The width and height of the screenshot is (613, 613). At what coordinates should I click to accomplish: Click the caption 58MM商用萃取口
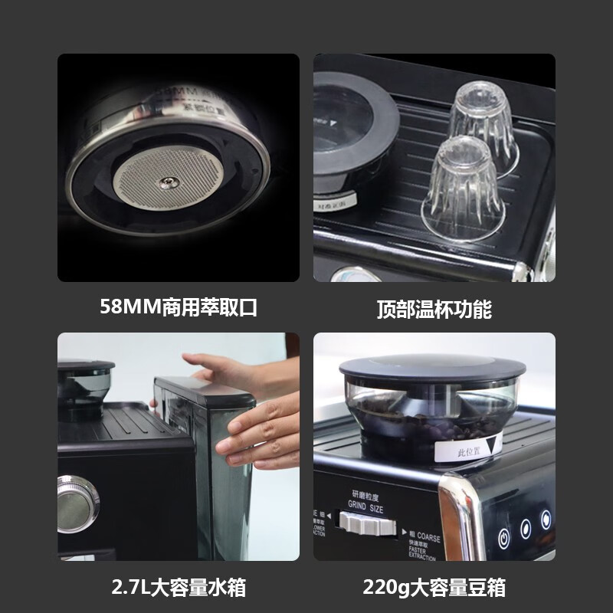coord(179,308)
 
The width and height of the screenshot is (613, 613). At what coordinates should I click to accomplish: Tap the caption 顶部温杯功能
coord(434,309)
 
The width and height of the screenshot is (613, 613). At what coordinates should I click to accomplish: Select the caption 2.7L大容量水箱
coord(179,588)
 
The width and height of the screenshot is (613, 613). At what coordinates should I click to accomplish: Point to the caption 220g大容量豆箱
coord(434,588)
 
